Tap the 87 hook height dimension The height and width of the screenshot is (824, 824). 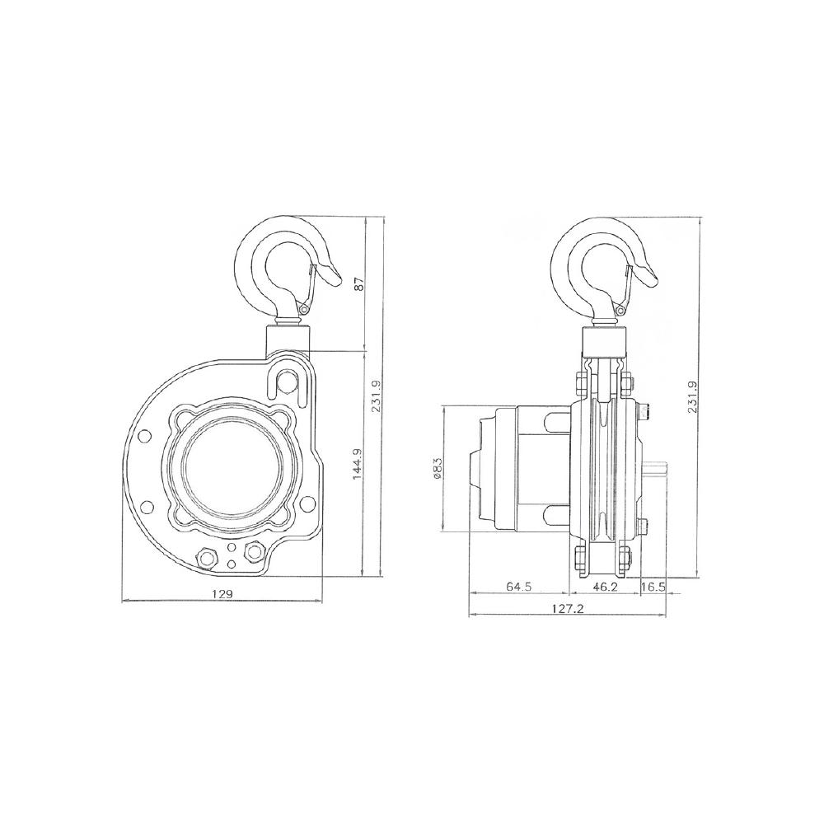358,284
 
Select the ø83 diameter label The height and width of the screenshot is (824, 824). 436,469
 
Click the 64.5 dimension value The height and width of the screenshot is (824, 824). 519,587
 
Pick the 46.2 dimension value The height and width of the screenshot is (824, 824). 605,587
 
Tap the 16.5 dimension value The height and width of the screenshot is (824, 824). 653,587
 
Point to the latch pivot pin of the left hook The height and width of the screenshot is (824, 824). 303,310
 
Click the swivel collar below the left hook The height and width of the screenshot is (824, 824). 288,338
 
